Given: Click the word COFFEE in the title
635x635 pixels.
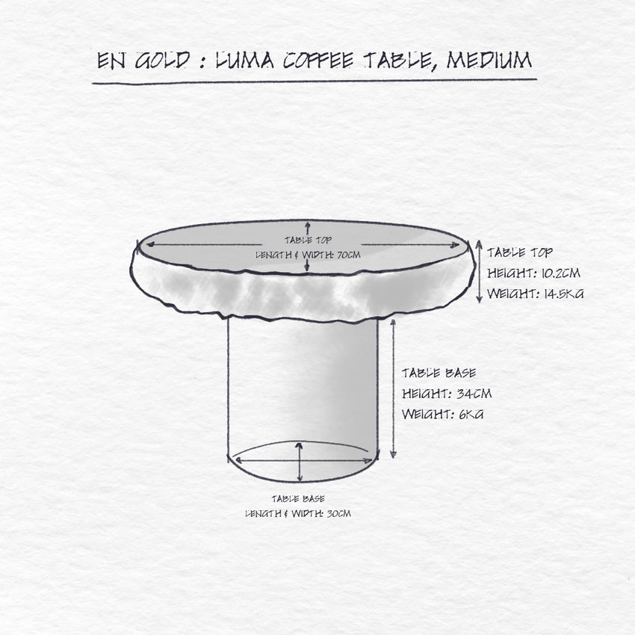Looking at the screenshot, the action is [x=318, y=61].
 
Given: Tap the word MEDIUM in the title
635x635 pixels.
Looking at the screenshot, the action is [x=489, y=60].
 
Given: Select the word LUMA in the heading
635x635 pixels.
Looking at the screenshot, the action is [x=244, y=61].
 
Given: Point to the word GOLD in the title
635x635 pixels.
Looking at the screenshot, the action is [x=162, y=61].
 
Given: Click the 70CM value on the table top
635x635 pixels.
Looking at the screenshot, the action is [x=349, y=255].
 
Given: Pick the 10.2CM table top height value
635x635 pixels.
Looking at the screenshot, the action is [x=560, y=273].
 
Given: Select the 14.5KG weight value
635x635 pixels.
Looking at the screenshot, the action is [x=563, y=293].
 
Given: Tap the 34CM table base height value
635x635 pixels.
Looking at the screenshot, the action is [x=474, y=393].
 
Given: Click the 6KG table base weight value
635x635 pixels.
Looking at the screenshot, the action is [x=471, y=414].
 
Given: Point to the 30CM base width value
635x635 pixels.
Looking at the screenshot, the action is [x=338, y=513].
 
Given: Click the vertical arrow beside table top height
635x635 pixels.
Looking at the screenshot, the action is [x=479, y=271].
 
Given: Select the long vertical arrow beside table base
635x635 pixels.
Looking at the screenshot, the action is [x=393, y=388].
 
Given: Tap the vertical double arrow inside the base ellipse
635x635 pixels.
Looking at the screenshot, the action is [x=300, y=462].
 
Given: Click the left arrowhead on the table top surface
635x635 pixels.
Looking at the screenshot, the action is [x=150, y=244].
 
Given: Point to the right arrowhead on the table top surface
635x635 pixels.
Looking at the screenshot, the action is [x=455, y=244].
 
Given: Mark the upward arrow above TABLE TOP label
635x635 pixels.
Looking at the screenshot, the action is [x=308, y=228].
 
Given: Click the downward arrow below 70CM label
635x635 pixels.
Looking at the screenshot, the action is [x=306, y=265].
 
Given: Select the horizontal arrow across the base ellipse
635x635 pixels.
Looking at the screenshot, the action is [x=304, y=460].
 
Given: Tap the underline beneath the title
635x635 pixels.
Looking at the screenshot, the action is [x=315, y=82].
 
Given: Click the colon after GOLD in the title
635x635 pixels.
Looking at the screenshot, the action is [x=202, y=61].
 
